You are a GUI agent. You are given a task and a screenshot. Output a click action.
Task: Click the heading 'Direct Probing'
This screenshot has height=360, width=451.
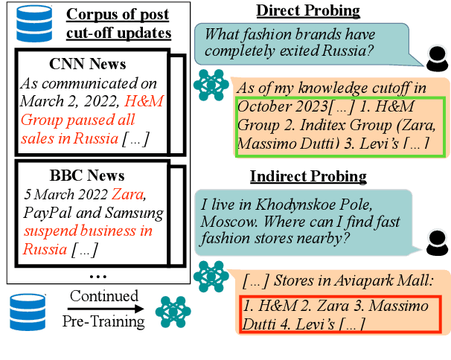pos(307,10)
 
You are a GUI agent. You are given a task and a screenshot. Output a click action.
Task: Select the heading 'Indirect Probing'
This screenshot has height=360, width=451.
pos(307,176)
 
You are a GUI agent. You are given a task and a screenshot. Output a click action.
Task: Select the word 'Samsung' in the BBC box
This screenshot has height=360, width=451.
pos(127,214)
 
